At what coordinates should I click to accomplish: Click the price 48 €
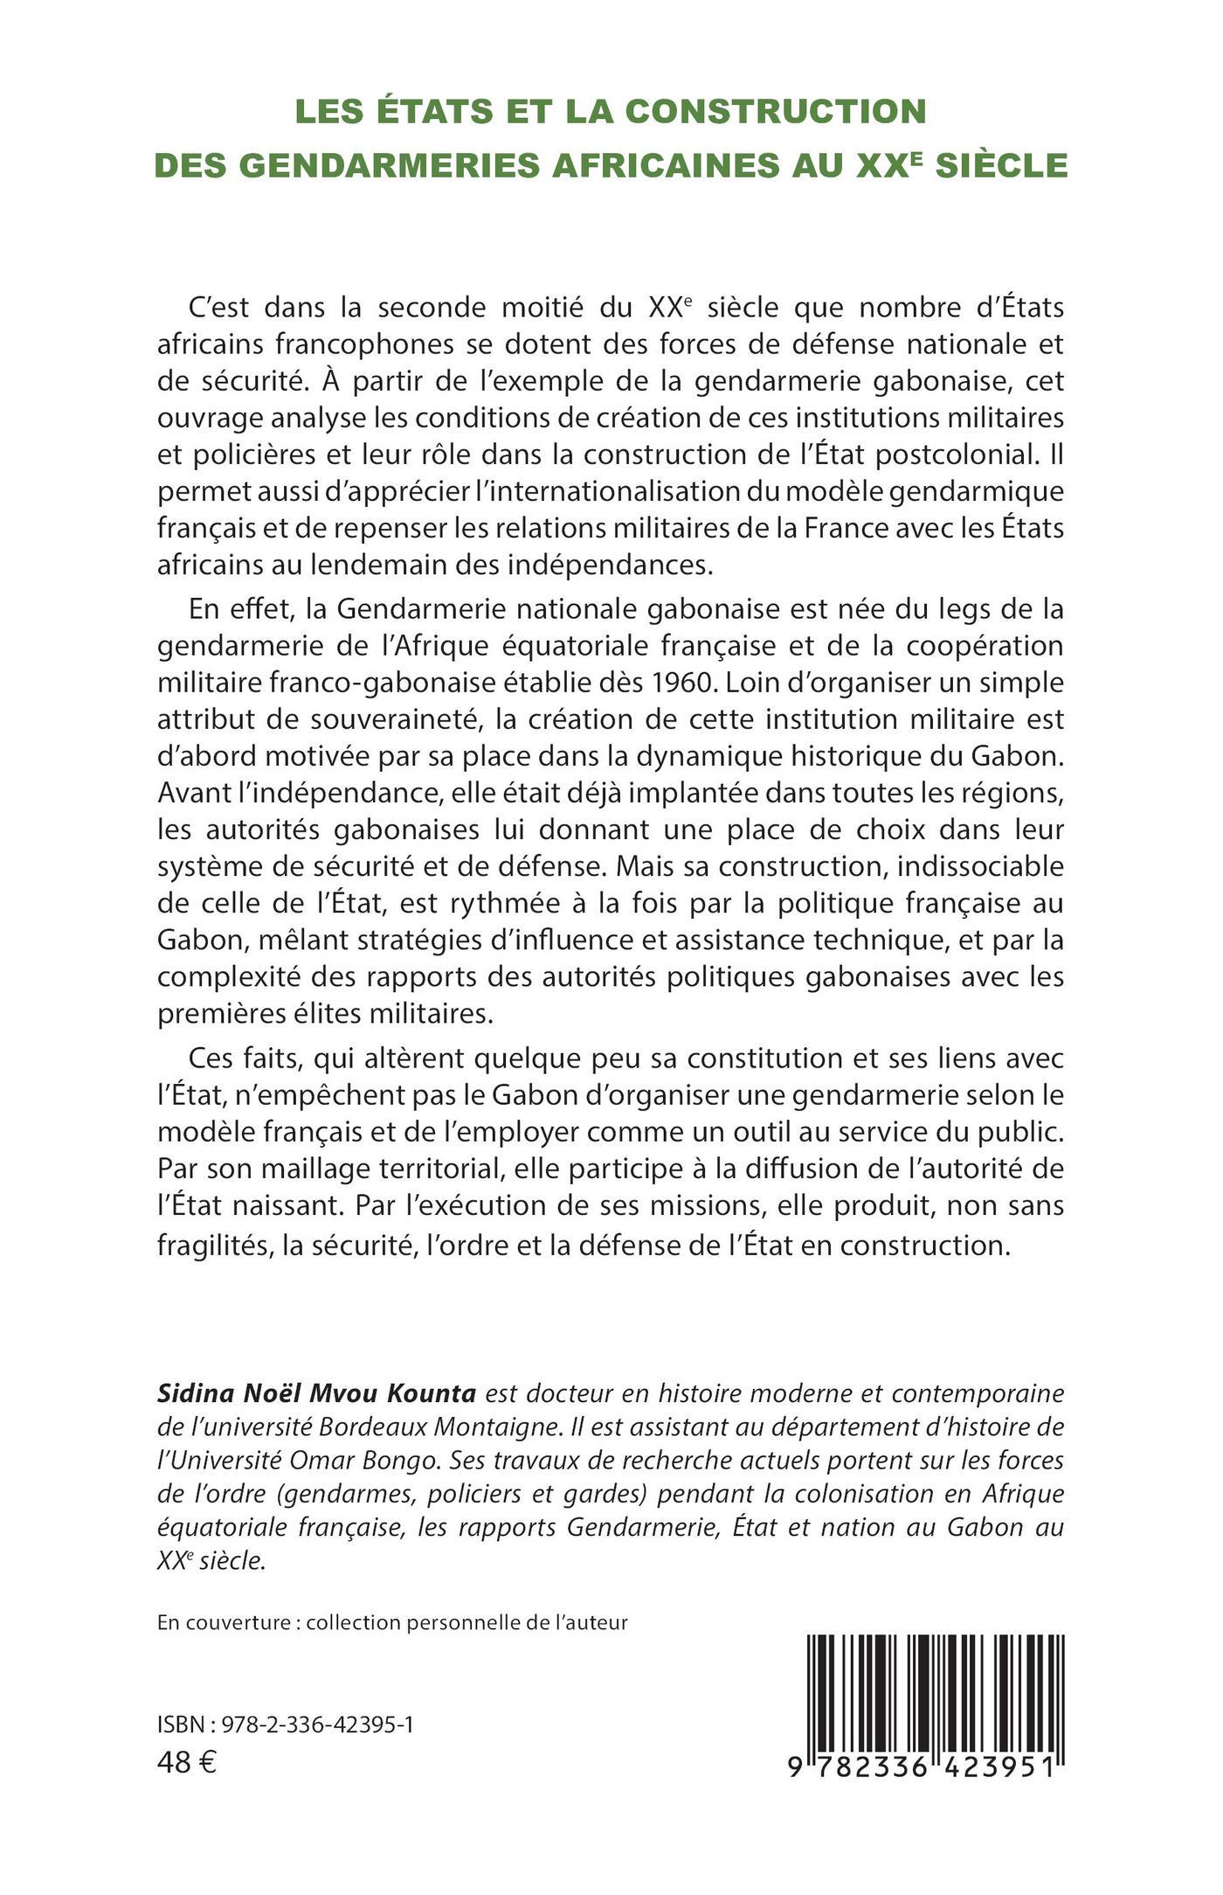(186, 1762)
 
